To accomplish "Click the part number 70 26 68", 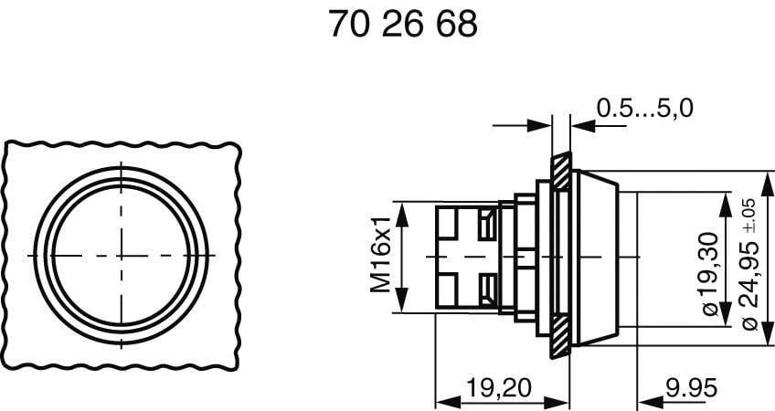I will click(402, 25).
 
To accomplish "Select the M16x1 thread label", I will click(379, 256).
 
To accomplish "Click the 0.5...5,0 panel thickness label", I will click(644, 109).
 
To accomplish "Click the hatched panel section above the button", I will click(560, 169).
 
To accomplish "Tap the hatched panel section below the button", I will click(560, 343).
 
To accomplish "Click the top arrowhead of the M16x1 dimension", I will click(404, 206).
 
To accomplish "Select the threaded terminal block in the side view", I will click(466, 257).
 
